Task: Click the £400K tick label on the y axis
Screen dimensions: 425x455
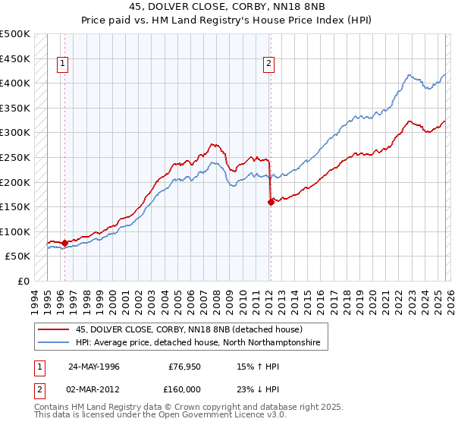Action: [15, 83]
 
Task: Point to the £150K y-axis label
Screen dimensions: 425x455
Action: [15, 206]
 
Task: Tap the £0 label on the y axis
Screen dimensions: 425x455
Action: [24, 281]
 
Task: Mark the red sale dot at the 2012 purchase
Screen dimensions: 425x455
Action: [271, 202]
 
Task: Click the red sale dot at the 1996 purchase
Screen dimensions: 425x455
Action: [64, 243]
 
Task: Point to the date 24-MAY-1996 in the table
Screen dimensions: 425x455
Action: [95, 367]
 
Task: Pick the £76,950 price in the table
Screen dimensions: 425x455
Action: [183, 367]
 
